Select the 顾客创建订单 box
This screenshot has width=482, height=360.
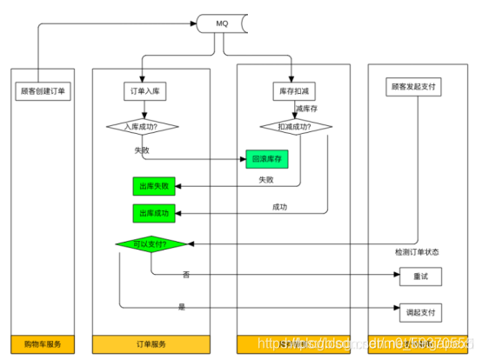coord(42,90)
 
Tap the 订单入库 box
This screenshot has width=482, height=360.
coord(143,90)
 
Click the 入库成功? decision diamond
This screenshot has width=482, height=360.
coord(143,127)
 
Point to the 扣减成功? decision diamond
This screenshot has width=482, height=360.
coord(292,127)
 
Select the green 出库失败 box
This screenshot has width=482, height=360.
coord(153,185)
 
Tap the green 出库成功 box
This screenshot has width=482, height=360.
coord(153,212)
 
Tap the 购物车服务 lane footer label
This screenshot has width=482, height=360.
coord(42,344)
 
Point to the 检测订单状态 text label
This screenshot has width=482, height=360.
coord(416,252)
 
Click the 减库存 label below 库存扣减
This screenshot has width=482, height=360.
coord(307,108)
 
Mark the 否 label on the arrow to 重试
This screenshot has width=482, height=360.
coord(186,275)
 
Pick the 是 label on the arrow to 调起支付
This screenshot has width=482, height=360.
coord(182,306)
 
